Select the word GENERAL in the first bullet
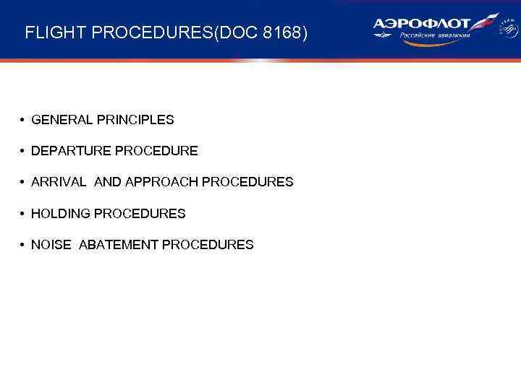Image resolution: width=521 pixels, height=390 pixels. click(x=60, y=120)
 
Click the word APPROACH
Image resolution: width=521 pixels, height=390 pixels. click(x=162, y=182)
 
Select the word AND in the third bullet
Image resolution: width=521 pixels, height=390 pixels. click(x=108, y=182)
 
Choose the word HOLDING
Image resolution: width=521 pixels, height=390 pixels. click(x=61, y=214)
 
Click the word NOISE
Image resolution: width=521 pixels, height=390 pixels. click(x=51, y=245)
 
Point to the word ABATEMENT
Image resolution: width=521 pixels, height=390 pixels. click(x=118, y=245)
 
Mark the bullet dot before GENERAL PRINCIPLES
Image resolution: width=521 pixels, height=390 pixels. click(x=24, y=120)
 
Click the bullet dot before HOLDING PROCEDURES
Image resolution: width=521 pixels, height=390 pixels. click(x=24, y=214)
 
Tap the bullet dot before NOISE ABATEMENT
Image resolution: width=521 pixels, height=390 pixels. click(x=24, y=245)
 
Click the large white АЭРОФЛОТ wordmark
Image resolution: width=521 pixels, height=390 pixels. click(x=421, y=24)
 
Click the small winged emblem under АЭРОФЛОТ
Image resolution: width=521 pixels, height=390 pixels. click(x=386, y=35)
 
